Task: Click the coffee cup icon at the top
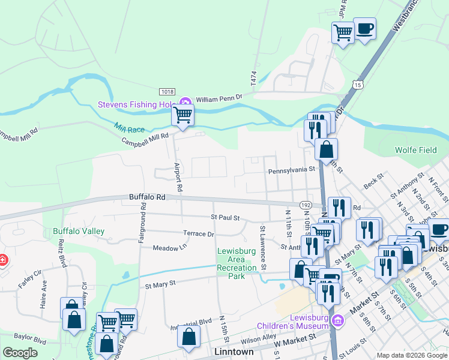pyautogui.click(x=364, y=28)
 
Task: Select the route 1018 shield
pyautogui.click(x=167, y=91)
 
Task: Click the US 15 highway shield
pyautogui.click(x=358, y=85)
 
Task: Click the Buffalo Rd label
pyautogui.click(x=146, y=197)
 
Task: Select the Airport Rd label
pyautogui.click(x=178, y=176)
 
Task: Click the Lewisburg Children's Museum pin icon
pyautogui.click(x=338, y=321)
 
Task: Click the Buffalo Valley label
pyautogui.click(x=79, y=231)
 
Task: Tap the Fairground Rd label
pyautogui.click(x=142, y=222)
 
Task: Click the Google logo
pyautogui.click(x=20, y=353)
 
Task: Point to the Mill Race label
pyautogui.click(x=130, y=128)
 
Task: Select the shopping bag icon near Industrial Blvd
pyautogui.click(x=188, y=337)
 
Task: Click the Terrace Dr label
pyautogui.click(x=199, y=233)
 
